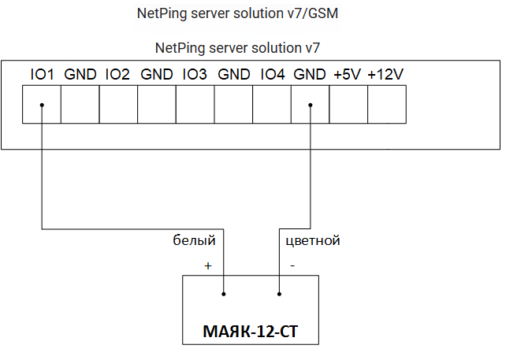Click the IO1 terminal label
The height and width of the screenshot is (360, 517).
[x=42, y=75]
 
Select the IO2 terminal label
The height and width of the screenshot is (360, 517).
[x=117, y=75]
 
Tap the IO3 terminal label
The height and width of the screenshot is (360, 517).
[x=194, y=75]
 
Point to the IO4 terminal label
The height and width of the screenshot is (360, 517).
[x=271, y=75]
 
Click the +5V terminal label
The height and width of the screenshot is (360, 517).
[x=347, y=75]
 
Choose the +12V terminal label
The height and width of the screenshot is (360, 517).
[x=385, y=75]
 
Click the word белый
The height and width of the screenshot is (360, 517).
[x=194, y=240]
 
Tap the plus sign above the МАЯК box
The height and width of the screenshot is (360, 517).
[x=208, y=266]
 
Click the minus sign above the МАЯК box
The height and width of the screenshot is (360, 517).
[x=292, y=266]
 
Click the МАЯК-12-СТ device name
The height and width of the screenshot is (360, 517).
[x=251, y=331]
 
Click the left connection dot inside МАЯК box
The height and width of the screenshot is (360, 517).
[x=224, y=295]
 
